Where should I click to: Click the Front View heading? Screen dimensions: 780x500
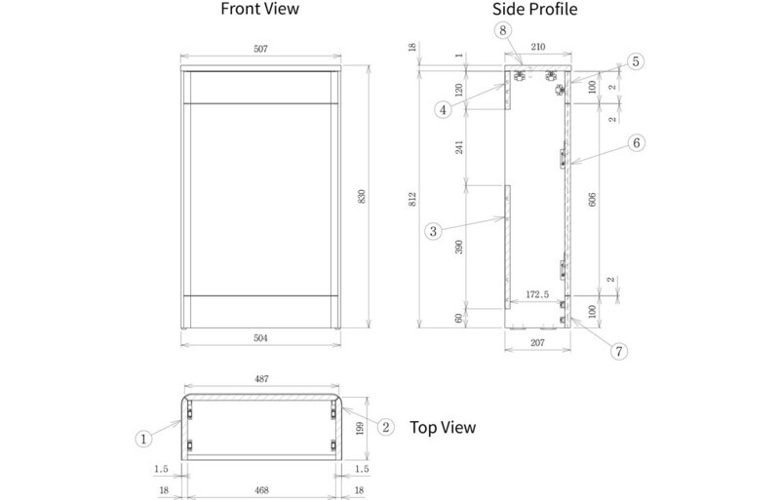(x=259, y=9)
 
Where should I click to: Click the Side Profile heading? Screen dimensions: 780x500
(x=534, y=9)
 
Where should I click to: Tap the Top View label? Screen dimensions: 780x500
(x=443, y=427)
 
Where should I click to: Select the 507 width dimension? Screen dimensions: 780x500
(x=260, y=49)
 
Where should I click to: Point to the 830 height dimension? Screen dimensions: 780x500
(x=362, y=196)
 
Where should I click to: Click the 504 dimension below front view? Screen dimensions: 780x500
(x=260, y=338)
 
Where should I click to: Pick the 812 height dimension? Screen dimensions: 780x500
(x=411, y=200)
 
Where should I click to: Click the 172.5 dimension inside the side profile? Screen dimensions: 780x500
(x=537, y=294)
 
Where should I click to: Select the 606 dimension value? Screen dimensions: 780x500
(x=592, y=200)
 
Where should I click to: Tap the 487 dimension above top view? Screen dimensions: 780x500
(x=261, y=379)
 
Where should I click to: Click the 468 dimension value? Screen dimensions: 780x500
(x=261, y=490)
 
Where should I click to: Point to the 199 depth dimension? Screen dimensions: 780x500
(x=360, y=428)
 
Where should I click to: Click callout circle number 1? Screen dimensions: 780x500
(x=143, y=439)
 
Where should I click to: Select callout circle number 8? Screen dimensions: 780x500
(x=503, y=30)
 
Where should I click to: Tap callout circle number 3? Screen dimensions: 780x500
(x=433, y=231)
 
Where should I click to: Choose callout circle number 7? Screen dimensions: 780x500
(x=619, y=351)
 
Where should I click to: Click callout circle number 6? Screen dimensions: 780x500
(x=637, y=143)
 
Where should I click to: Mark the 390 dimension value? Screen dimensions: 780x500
(x=458, y=247)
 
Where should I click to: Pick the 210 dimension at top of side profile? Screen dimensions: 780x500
(x=538, y=47)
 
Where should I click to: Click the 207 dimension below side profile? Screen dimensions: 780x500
(x=538, y=343)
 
